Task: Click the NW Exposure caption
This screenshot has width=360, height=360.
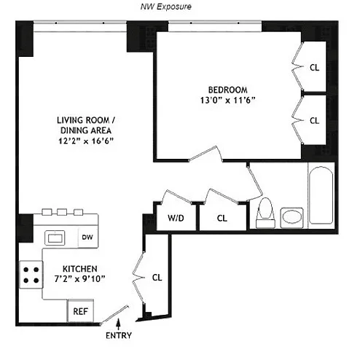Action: [166, 7]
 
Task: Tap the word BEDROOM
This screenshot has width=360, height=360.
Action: [228, 90]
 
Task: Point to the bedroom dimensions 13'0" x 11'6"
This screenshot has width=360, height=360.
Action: [227, 100]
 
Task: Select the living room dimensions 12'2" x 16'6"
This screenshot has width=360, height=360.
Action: [86, 141]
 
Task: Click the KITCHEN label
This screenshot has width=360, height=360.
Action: [80, 269]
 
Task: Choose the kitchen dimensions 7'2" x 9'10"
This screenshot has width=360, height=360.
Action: [79, 279]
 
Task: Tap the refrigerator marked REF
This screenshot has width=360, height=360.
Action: [80, 311]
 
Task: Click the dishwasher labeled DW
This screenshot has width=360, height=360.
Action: [88, 237]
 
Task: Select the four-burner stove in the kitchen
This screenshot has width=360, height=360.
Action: [31, 275]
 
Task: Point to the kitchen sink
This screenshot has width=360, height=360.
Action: [55, 238]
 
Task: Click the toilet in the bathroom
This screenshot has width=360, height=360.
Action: [265, 213]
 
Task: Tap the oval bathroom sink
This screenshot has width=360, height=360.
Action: [291, 217]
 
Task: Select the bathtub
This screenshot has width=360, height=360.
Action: [321, 195]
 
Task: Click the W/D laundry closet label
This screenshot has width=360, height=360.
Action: [176, 218]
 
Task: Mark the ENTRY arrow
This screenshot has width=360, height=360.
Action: [119, 324]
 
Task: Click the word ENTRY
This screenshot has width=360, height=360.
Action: [119, 335]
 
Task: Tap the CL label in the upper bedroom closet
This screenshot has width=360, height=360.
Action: [314, 68]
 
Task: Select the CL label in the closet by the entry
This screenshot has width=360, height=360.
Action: [157, 278]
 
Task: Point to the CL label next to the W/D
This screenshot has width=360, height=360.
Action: [222, 218]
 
